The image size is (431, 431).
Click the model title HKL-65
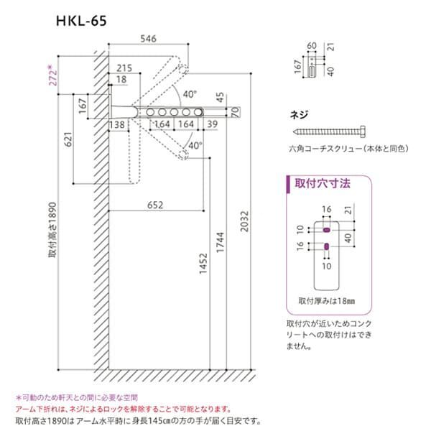coord(83,22)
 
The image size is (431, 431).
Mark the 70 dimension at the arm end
coord(235,113)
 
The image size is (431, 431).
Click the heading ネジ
coord(296,115)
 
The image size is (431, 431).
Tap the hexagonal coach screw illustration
coord(330,132)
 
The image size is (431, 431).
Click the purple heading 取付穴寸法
coord(323,184)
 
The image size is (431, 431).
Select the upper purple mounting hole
coord(326,231)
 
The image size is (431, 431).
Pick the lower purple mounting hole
coord(326,247)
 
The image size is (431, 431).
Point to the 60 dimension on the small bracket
coord(311,45)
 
